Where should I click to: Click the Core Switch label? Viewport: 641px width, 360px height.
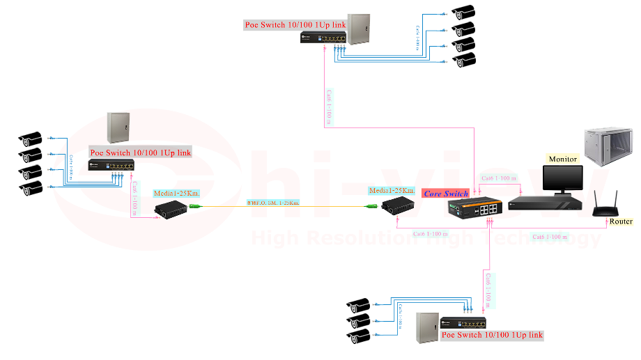pyautogui.click(x=447, y=193)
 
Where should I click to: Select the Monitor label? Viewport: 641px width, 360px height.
pyautogui.click(x=562, y=159)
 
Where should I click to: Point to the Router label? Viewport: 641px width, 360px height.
pyautogui.click(x=621, y=221)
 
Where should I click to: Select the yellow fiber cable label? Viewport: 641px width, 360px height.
pyautogui.click(x=272, y=203)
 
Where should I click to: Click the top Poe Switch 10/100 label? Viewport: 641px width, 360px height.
pyautogui.click(x=295, y=24)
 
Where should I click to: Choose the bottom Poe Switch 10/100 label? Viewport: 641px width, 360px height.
pyautogui.click(x=492, y=335)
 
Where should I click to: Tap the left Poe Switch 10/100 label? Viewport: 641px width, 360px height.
pyautogui.click(x=140, y=152)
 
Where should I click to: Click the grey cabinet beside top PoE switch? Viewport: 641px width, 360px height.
pyautogui.click(x=359, y=29)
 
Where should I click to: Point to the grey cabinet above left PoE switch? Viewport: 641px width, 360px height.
pyautogui.click(x=118, y=128)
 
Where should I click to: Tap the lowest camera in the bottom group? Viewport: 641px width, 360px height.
pyautogui.click(x=359, y=338)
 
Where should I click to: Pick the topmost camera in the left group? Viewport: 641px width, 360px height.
pyautogui.click(x=31, y=138)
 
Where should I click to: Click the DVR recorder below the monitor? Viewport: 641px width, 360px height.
pyautogui.click(x=544, y=203)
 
